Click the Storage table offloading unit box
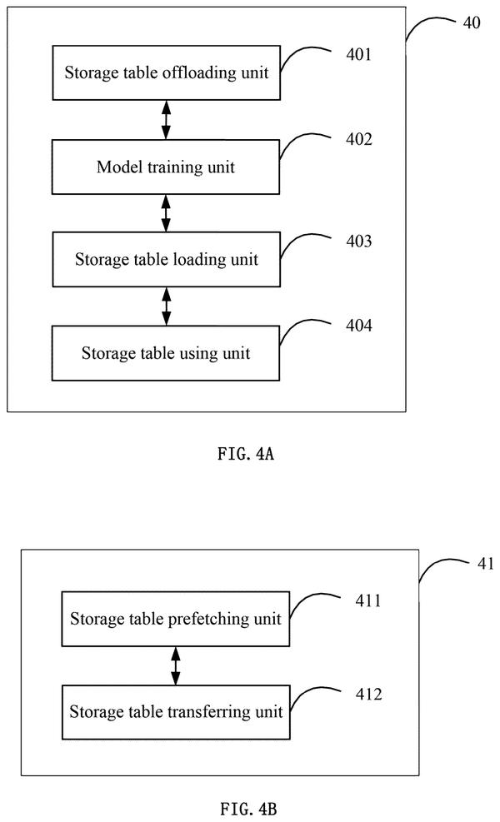(x=167, y=72)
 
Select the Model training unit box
(x=166, y=167)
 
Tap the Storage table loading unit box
(x=167, y=260)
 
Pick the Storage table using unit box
(x=166, y=353)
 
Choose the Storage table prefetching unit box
(x=176, y=619)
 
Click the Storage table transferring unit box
(x=177, y=712)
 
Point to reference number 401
(x=359, y=54)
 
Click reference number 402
(x=359, y=139)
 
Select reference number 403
(x=359, y=242)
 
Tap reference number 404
(x=359, y=326)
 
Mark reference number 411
(x=368, y=600)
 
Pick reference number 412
(x=368, y=695)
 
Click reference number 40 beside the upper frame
(x=471, y=22)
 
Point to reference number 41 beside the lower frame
(x=485, y=564)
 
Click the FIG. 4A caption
(x=246, y=453)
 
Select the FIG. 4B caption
(x=248, y=809)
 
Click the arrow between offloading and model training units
(x=166, y=120)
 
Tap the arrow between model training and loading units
(x=166, y=213)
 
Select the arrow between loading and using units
(x=167, y=306)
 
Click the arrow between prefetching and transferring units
(x=176, y=665)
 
